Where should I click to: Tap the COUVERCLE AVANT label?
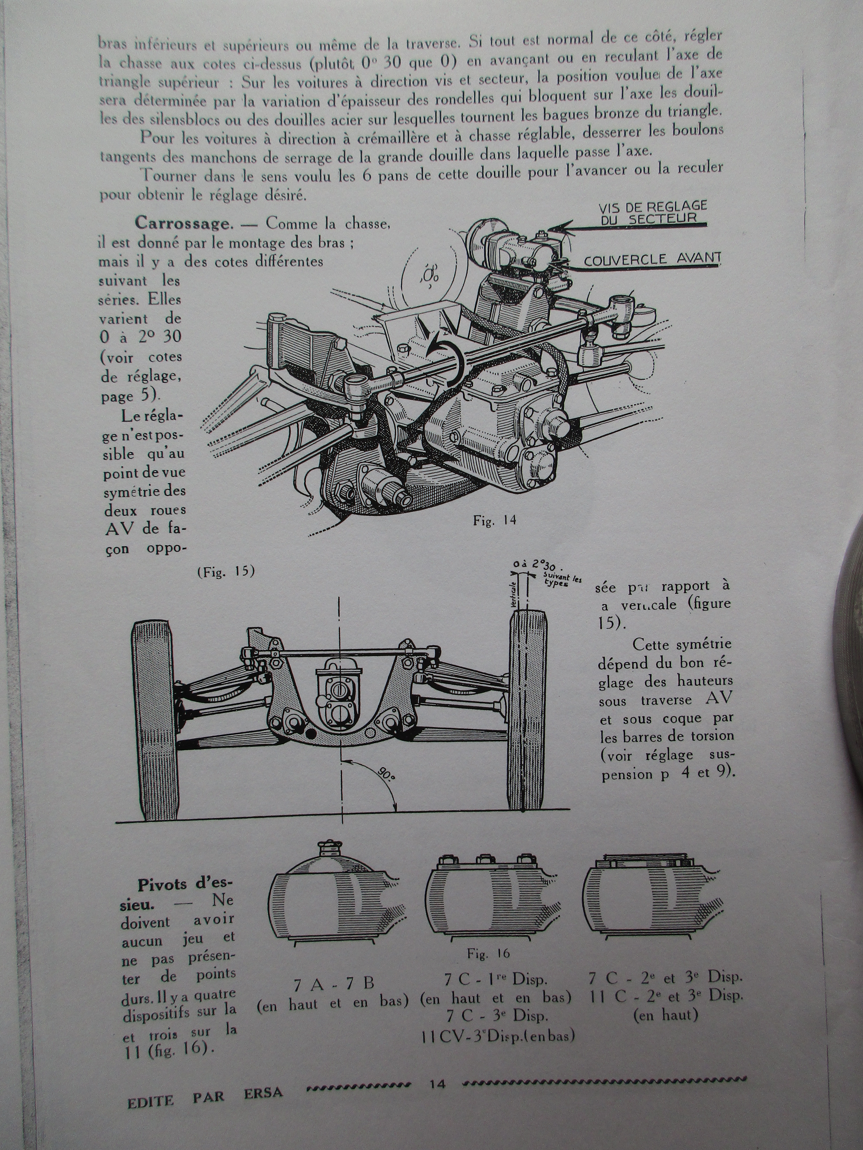652,259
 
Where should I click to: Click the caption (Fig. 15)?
226,571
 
